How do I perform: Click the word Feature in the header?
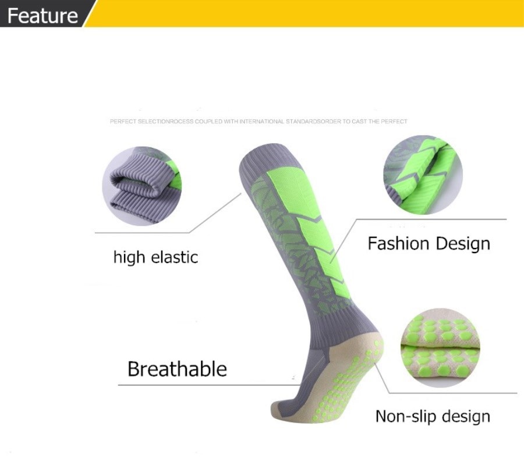click(43, 16)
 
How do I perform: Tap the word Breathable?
click(177, 369)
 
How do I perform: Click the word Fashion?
click(398, 243)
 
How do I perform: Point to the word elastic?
click(175, 257)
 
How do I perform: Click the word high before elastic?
click(129, 258)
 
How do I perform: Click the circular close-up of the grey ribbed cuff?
click(141, 186)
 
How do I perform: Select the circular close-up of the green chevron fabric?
click(423, 175)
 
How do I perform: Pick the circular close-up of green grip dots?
click(441, 347)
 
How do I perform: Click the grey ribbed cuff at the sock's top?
click(267, 160)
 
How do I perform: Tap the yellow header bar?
click(304, 13)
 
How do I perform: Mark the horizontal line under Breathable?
click(209, 385)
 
